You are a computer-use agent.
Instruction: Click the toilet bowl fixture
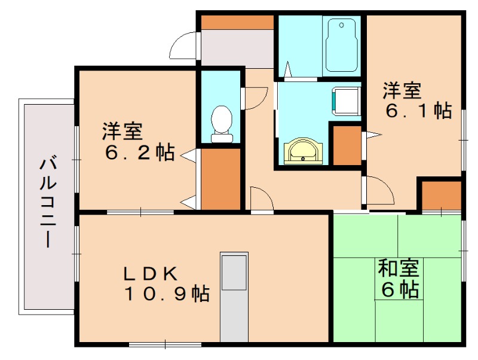point(222,122)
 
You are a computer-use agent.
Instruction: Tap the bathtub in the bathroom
point(341,45)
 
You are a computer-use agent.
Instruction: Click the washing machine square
point(345,100)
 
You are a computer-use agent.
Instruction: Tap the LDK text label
point(149,273)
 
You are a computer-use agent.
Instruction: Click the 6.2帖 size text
point(139,153)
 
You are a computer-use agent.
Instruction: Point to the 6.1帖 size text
point(418,111)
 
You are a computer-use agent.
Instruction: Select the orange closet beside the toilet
point(220,178)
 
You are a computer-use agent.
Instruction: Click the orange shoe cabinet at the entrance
point(237,22)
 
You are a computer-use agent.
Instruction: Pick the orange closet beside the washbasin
point(347,145)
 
